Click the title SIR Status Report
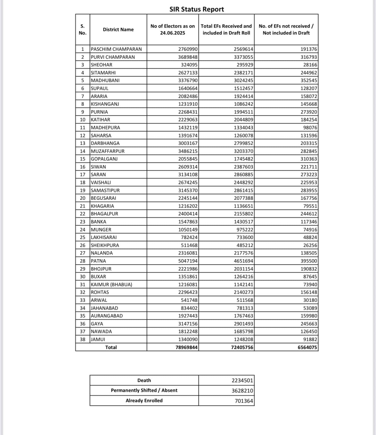pos(197,9)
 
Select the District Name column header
pos(118,30)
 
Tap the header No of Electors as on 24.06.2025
pos(173,30)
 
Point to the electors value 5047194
pos(188,261)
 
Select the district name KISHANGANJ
pos(105,104)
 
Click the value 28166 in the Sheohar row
pos(310,65)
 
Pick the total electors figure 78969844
pos(186,347)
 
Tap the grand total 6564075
pos(307,347)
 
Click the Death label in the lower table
pos(144,380)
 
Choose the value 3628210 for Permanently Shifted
pos(242,391)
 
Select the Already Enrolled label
pos(144,401)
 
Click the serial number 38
pos(83,339)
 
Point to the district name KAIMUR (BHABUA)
pos(111,285)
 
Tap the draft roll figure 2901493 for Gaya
pos(243,324)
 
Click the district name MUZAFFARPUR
pos(108,151)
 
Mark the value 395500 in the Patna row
pos(308,261)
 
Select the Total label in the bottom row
pos(111,347)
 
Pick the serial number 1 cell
pos(83,49)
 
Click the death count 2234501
pos(242,380)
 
